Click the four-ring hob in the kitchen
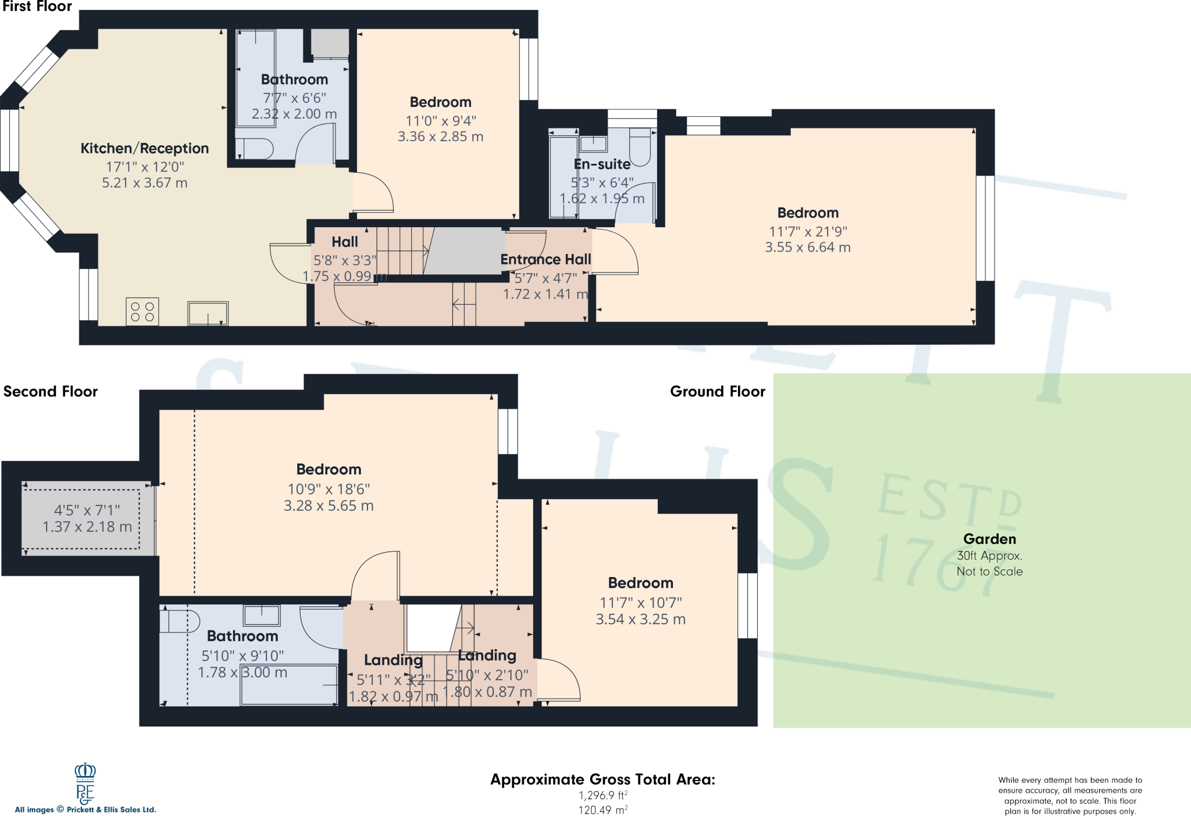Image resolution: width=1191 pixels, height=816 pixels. point(142,312)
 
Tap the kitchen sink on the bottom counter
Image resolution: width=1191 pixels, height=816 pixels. point(208,313)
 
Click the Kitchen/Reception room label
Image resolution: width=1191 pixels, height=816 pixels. point(144,148)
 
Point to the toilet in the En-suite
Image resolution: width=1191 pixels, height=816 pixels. point(640,146)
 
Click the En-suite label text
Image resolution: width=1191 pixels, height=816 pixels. point(602,164)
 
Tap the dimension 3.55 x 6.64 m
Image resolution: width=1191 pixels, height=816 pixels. point(807,248)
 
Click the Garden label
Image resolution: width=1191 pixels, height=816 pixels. point(989,539)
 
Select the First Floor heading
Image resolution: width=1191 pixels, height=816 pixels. point(37,7)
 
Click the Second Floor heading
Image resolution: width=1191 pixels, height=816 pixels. point(51,392)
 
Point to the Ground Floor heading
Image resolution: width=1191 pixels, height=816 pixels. point(717,392)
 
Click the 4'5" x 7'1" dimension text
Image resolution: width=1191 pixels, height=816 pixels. point(87,510)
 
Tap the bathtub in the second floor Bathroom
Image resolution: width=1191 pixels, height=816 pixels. point(289,685)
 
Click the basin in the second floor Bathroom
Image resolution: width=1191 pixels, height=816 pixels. point(262,614)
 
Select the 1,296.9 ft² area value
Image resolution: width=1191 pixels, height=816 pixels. point(602,795)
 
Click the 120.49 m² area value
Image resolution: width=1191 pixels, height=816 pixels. point(602,810)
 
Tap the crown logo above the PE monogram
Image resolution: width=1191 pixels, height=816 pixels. point(85,771)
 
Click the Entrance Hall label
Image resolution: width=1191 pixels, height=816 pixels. point(545,260)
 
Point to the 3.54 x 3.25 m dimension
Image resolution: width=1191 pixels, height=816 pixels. point(640,620)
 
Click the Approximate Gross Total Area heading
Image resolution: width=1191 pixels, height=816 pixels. point(602,779)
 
